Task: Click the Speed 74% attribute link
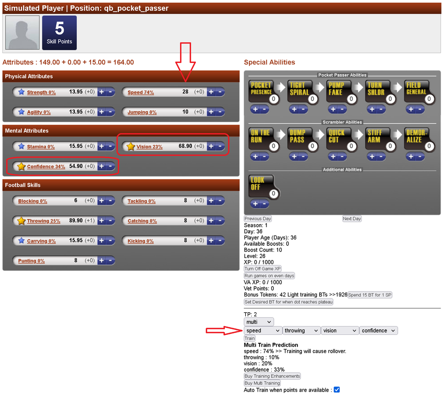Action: pyautogui.click(x=141, y=92)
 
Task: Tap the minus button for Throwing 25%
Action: pyautogui.click(x=111, y=221)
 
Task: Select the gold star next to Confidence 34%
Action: pyautogui.click(x=21, y=166)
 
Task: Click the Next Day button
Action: pyautogui.click(x=352, y=219)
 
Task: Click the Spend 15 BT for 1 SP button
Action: pyautogui.click(x=369, y=295)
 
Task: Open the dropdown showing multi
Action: pyautogui.click(x=258, y=322)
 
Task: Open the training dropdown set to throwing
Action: pyautogui.click(x=301, y=330)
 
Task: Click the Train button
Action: pyautogui.click(x=250, y=338)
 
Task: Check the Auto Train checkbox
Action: pyautogui.click(x=336, y=390)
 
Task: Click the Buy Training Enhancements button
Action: pyautogui.click(x=272, y=376)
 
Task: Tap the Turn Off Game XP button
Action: pyautogui.click(x=262, y=269)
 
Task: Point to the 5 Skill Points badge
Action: pyautogui.click(x=59, y=33)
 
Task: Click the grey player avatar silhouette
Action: pyautogui.click(x=23, y=33)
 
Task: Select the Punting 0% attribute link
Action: pyautogui.click(x=32, y=261)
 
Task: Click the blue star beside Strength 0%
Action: pyautogui.click(x=21, y=92)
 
